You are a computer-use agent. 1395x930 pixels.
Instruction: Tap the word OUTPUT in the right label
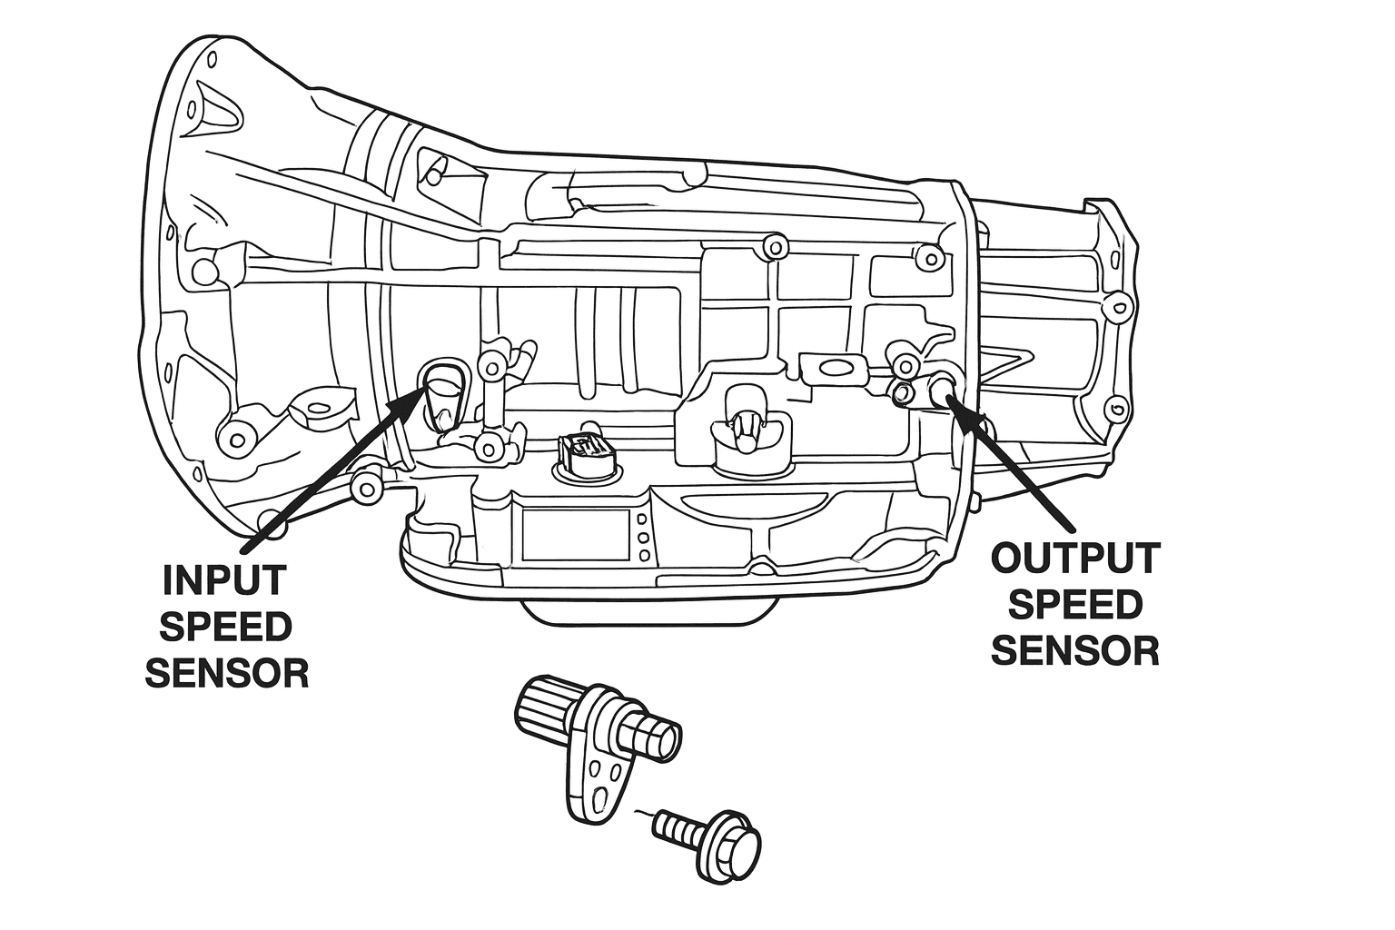pos(1075,558)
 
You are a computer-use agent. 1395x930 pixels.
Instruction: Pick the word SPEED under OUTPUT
pos(1075,604)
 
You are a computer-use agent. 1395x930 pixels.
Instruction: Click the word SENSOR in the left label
pos(227,673)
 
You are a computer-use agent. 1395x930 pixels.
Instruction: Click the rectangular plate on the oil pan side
pos(575,535)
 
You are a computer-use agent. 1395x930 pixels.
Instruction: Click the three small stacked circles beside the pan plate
pos(643,538)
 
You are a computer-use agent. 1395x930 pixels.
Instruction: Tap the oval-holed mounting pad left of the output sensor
pos(830,366)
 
